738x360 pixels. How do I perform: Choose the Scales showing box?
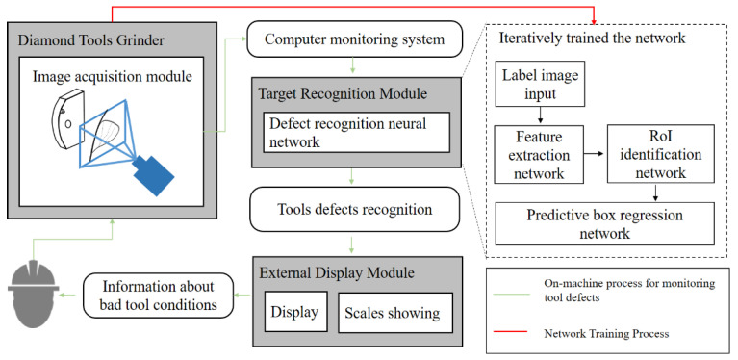point(389,312)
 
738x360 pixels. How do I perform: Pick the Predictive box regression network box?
point(605,223)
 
